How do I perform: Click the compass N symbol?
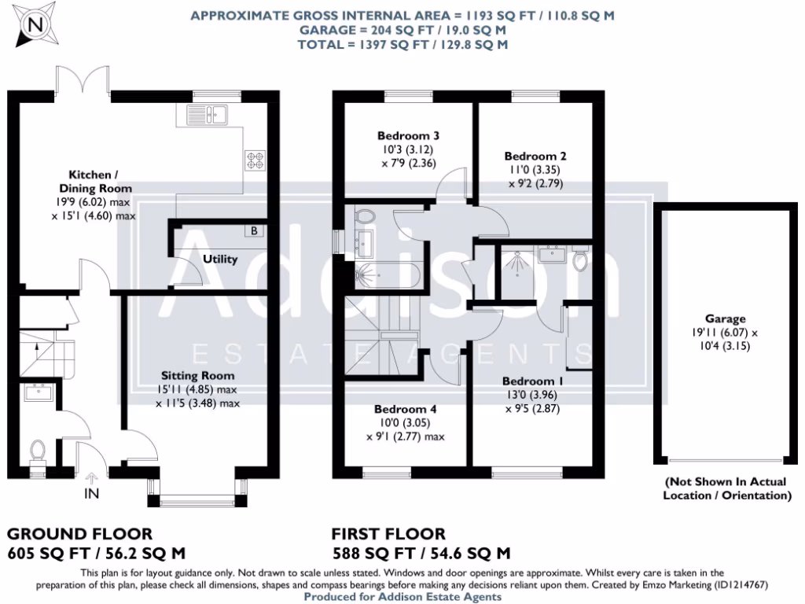pos(34,24)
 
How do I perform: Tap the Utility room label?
pos(219,259)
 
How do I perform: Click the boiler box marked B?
pos(254,230)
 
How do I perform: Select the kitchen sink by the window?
pos(207,115)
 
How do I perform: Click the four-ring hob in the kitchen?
pos(255,160)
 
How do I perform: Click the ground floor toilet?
pos(37,451)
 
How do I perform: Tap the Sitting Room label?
pos(198,376)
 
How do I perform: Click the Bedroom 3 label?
pos(407,135)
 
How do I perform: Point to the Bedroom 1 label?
pos(534,381)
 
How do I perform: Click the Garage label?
pos(725,319)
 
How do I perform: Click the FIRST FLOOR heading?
pos(388,535)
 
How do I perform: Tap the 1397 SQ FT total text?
pos(402,45)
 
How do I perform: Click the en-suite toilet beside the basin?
pos(581,260)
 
